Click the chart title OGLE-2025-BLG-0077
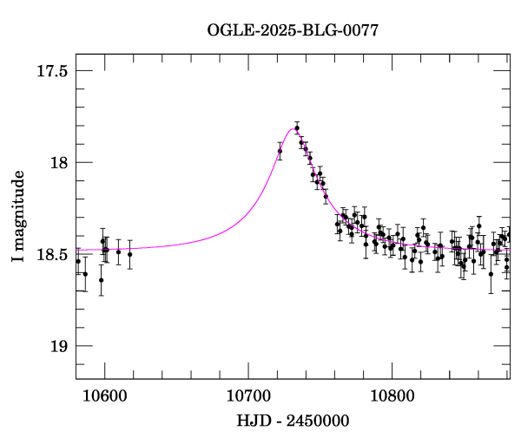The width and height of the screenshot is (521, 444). click(x=293, y=30)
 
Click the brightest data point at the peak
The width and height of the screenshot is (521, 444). click(x=297, y=128)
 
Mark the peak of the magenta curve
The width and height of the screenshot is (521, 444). click(x=293, y=129)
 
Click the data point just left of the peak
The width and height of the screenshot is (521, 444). click(x=280, y=151)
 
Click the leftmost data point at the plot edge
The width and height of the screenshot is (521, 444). click(x=78, y=261)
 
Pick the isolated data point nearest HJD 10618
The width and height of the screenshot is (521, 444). click(x=129, y=254)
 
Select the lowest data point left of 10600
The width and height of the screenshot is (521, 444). click(x=101, y=280)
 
